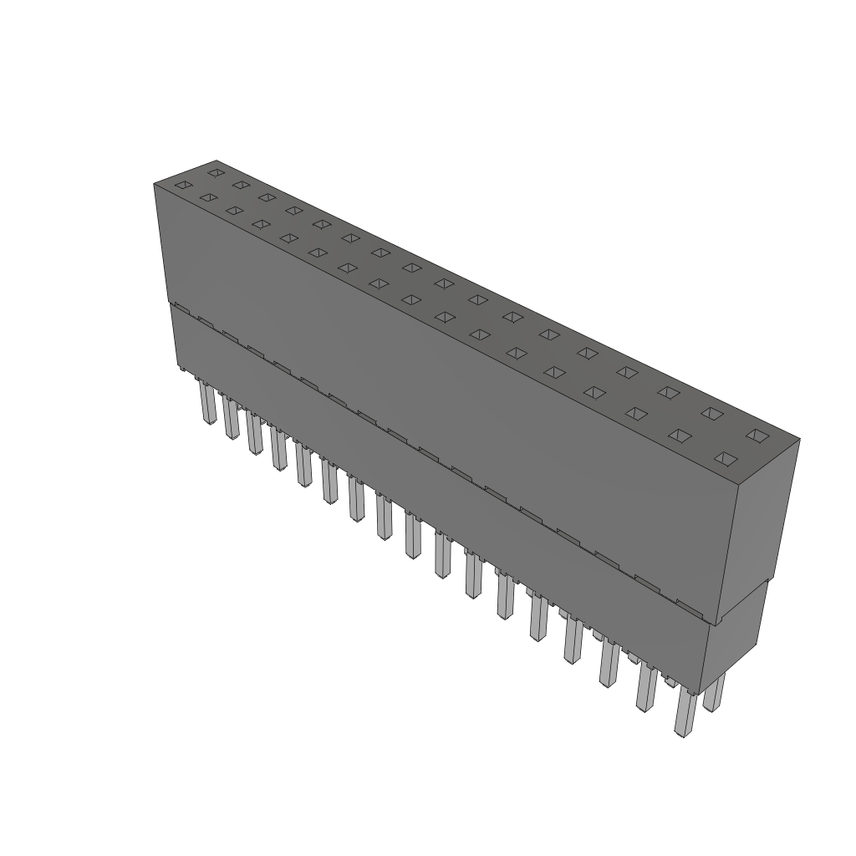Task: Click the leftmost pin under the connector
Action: click(x=206, y=405)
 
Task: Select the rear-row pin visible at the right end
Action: click(x=715, y=694)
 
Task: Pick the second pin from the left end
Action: click(x=231, y=419)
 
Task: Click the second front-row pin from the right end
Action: click(x=646, y=690)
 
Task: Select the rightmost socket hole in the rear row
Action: click(x=757, y=435)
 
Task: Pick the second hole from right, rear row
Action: click(x=711, y=413)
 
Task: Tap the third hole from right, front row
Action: click(x=637, y=414)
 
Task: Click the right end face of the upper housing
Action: click(x=766, y=518)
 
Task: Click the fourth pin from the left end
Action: click(x=278, y=450)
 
